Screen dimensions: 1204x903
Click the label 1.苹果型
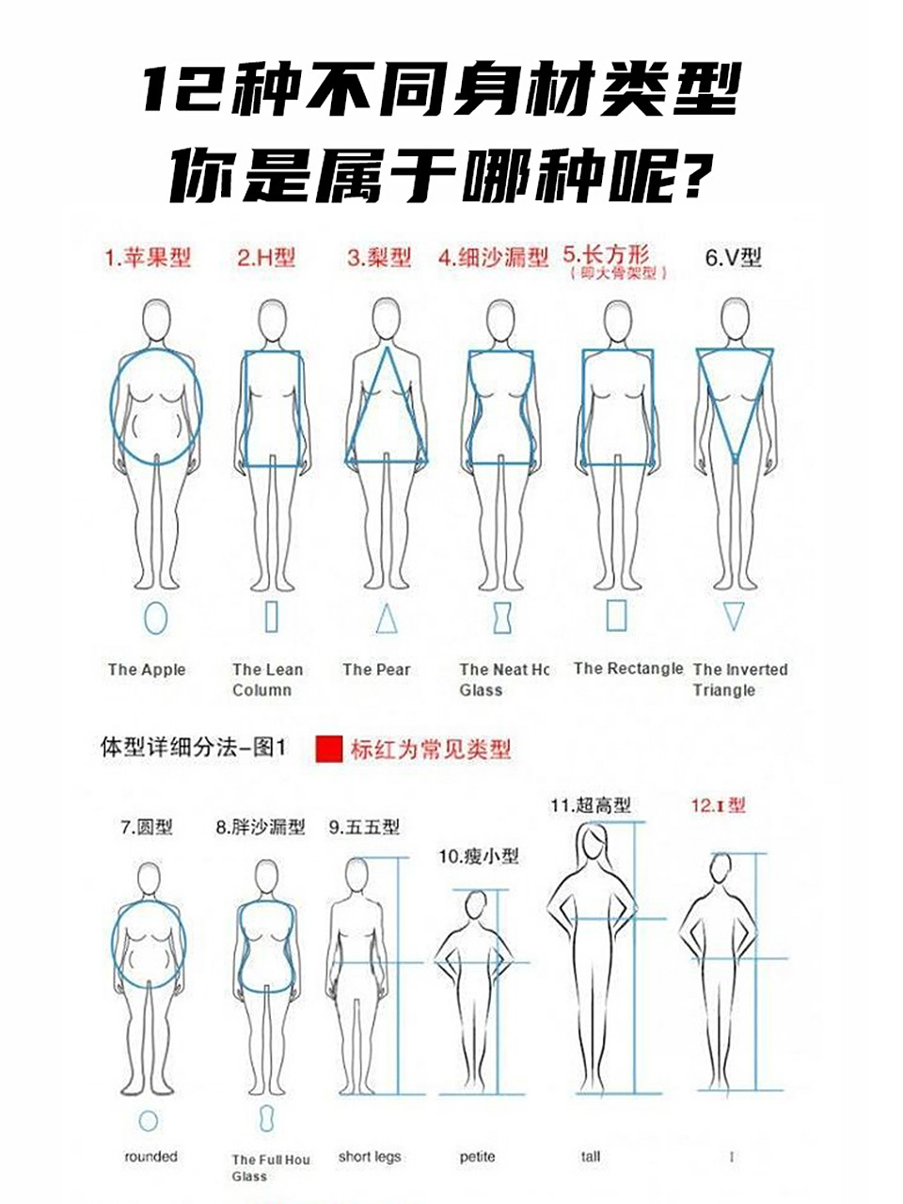point(148,257)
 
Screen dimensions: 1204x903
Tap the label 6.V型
point(733,257)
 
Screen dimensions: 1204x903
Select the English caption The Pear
point(376,670)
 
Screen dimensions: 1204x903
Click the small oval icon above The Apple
point(156,617)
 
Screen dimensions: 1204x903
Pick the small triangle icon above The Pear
point(387,618)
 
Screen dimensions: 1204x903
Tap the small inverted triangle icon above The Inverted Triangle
point(734,616)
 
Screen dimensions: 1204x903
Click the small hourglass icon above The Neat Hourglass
point(502,617)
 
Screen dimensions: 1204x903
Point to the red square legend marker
point(328,749)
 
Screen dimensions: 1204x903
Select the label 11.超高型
point(590,805)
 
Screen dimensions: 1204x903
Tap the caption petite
point(477,1156)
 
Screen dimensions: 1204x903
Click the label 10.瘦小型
point(478,856)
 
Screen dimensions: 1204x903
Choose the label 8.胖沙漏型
point(261,827)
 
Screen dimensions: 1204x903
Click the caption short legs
point(370,1156)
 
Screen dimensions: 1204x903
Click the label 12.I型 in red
point(718,805)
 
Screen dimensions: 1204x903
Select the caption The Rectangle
point(628,669)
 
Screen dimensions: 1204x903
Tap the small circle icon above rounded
point(148,1120)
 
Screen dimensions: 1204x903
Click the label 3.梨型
point(379,257)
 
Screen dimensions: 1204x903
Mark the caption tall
point(590,1156)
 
